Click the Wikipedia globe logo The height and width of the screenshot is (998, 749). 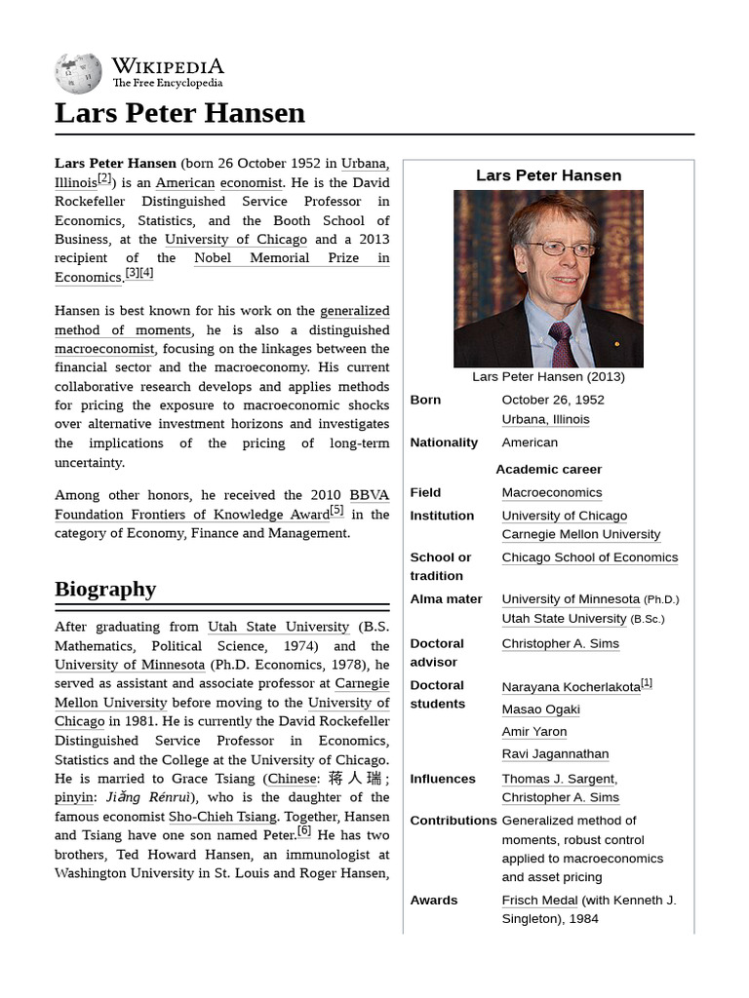tap(78, 73)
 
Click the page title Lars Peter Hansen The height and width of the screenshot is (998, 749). tap(179, 113)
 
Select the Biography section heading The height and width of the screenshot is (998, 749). tap(105, 589)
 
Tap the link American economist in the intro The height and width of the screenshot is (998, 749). tap(219, 182)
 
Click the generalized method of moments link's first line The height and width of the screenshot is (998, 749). tap(354, 311)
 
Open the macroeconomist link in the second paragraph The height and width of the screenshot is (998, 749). tap(104, 349)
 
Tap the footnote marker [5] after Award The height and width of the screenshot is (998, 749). tap(336, 510)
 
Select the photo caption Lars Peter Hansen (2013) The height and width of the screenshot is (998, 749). tap(548, 376)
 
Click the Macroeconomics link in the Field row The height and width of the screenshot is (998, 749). tap(551, 493)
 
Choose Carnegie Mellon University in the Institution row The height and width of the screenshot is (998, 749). tap(580, 534)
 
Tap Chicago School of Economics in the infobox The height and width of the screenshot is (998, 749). tap(589, 557)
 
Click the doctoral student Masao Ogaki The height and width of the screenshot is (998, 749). tap(540, 710)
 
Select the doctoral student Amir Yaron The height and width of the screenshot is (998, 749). tap(533, 732)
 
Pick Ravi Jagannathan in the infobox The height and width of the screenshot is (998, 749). tap(555, 754)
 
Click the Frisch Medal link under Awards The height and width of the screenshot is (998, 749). tap(539, 901)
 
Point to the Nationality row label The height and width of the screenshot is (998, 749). tap(444, 442)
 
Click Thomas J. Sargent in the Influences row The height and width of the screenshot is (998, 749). tap(558, 779)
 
